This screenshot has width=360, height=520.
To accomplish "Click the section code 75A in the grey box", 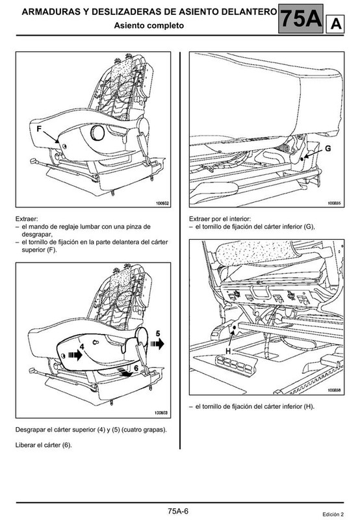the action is (302, 19).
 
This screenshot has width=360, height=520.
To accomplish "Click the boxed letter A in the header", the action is (335, 24).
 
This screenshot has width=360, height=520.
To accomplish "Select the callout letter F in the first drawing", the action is (39, 129).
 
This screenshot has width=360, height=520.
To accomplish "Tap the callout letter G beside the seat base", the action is (328, 148).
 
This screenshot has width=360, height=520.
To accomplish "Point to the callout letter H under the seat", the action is (228, 351).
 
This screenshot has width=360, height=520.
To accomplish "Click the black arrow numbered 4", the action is (75, 355).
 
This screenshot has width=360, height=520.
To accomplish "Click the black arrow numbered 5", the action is (157, 344).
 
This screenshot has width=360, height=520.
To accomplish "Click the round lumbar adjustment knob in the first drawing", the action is (97, 133).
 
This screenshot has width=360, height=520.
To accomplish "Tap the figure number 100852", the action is (162, 203).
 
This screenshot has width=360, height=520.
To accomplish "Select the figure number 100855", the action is (335, 203).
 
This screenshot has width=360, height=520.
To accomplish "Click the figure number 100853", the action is (161, 413).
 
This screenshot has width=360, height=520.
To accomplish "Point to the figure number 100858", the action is (335, 391).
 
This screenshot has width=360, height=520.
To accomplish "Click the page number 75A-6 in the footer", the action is (178, 511).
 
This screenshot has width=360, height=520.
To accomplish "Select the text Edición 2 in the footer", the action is (333, 514).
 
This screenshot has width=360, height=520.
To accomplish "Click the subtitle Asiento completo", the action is (149, 25).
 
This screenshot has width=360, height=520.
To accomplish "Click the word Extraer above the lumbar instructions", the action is (27, 219).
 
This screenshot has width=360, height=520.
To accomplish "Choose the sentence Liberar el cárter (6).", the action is (44, 445).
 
